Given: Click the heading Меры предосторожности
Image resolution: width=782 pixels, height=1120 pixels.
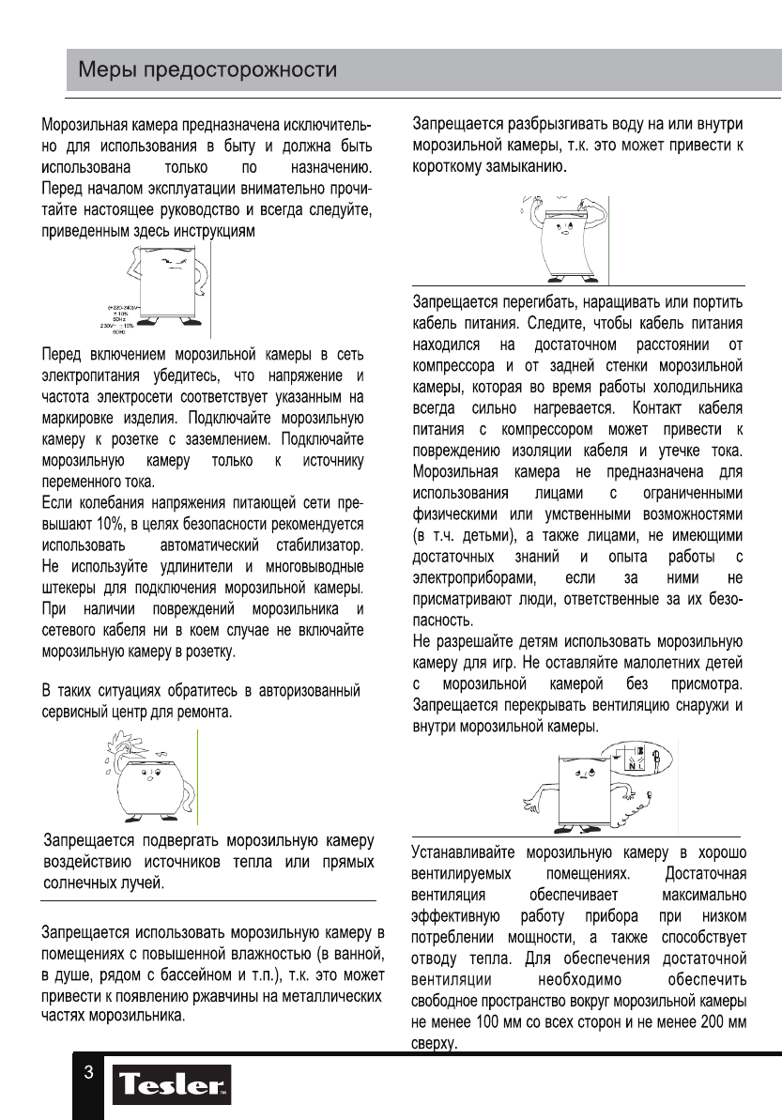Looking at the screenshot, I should click(207, 70).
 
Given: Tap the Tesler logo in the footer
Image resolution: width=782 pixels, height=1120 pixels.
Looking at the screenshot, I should click(172, 1089).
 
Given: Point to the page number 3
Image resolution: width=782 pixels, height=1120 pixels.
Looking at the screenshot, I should click(87, 1073).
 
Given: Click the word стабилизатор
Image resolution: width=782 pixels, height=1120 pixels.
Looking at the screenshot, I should click(316, 545).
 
